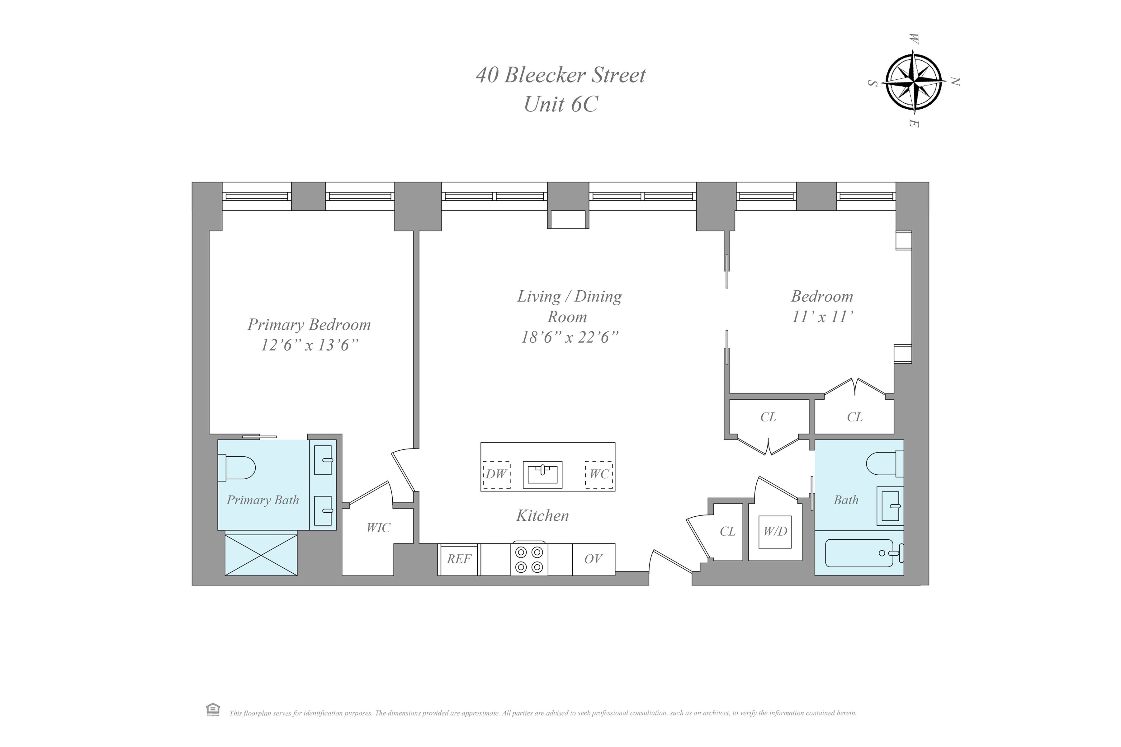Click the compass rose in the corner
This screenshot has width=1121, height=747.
click(913, 84)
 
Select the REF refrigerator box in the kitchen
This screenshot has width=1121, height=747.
click(458, 559)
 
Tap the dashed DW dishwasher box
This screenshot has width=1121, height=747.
click(496, 474)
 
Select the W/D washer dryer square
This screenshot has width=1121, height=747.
click(775, 532)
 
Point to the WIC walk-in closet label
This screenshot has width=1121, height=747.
click(378, 528)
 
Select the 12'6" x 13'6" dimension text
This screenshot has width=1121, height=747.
click(309, 345)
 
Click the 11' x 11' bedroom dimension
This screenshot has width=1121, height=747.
click(822, 317)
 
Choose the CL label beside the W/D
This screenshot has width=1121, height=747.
click(727, 532)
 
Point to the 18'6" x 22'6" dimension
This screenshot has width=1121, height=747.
click(570, 337)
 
